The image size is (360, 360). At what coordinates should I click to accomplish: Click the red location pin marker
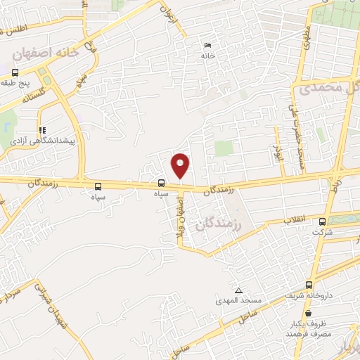(181, 165)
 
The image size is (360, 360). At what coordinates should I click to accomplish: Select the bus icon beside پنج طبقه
(15, 72)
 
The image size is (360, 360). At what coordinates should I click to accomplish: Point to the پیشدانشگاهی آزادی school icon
(43, 130)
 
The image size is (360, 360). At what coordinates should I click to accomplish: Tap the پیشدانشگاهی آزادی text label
(44, 141)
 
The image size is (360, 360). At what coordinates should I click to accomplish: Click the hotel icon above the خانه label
(207, 46)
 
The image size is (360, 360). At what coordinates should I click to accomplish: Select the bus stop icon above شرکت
(322, 221)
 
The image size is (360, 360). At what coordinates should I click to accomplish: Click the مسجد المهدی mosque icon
(239, 290)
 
